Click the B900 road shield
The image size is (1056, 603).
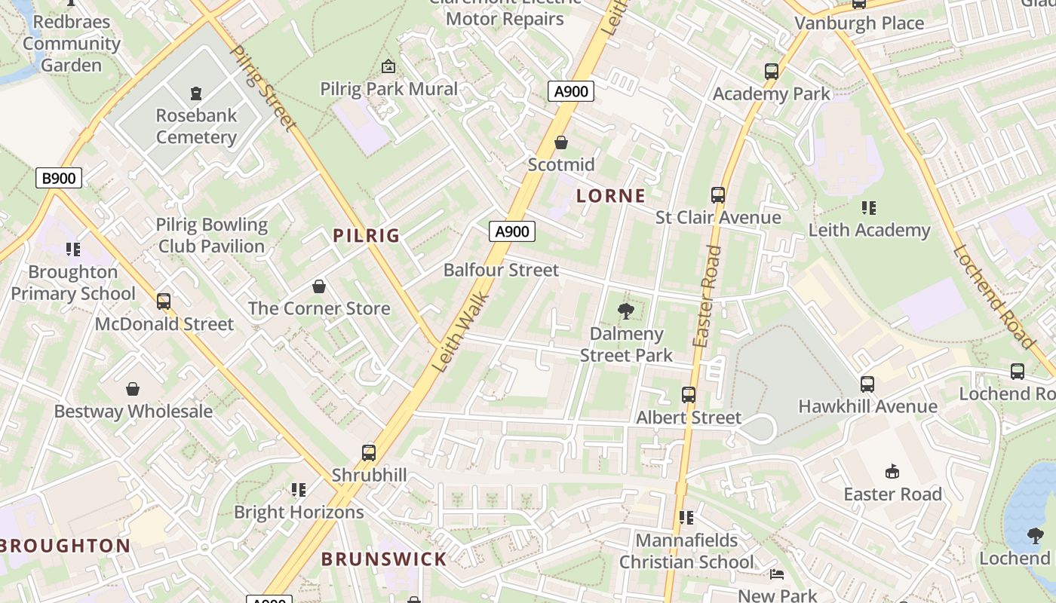pyautogui.click(x=59, y=179)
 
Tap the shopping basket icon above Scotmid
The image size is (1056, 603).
pyautogui.click(x=561, y=142)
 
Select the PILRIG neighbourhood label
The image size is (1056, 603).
pyautogui.click(x=367, y=235)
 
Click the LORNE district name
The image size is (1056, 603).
pyautogui.click(x=611, y=197)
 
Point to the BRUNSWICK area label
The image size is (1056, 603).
pyautogui.click(x=384, y=559)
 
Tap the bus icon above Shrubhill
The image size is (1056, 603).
pyautogui.click(x=369, y=452)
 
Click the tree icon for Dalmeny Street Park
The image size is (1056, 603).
pyautogui.click(x=625, y=311)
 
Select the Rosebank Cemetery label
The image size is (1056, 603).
pyautogui.click(x=196, y=126)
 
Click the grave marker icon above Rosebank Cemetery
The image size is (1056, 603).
pyautogui.click(x=196, y=93)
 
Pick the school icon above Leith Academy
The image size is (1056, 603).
pyautogui.click(x=868, y=207)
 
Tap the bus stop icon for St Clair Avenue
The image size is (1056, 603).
pyautogui.click(x=718, y=195)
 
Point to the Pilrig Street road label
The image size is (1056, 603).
pyautogui.click(x=259, y=87)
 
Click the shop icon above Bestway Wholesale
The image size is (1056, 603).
pyautogui.click(x=133, y=389)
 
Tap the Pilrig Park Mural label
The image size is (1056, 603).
pyautogui.click(x=388, y=89)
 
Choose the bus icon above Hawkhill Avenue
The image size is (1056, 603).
pyautogui.click(x=867, y=384)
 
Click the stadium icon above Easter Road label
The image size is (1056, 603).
pyautogui.click(x=892, y=472)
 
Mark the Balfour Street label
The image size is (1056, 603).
pyautogui.click(x=501, y=270)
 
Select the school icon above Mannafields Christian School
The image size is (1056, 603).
pyautogui.click(x=686, y=518)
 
